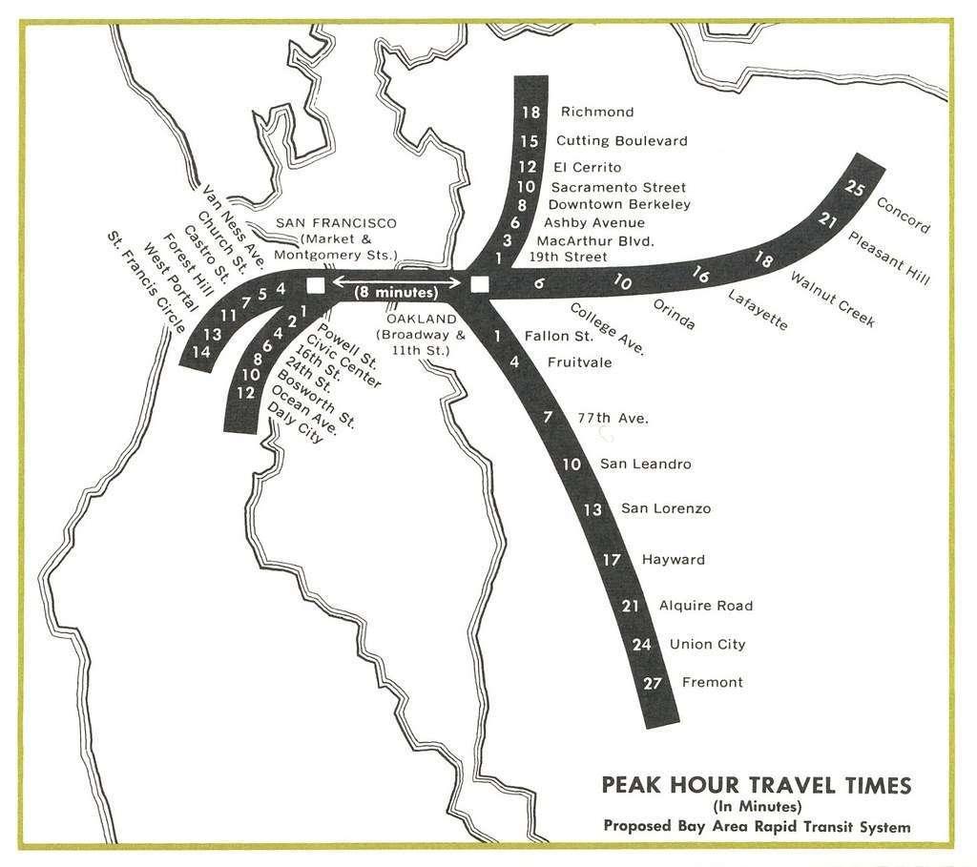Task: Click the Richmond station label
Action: point(596,113)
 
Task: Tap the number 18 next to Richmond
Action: point(531,113)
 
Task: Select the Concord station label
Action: point(902,215)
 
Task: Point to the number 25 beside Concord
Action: point(856,189)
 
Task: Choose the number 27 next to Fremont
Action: point(653,683)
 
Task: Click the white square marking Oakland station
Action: point(480,283)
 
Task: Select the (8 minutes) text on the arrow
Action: point(396,293)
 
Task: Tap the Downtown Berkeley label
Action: point(619,204)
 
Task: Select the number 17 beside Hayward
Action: point(612,560)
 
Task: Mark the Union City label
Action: point(707,645)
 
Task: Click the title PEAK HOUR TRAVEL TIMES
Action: point(756,785)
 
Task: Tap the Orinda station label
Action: point(674,315)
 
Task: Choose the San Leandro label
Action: point(645,464)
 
